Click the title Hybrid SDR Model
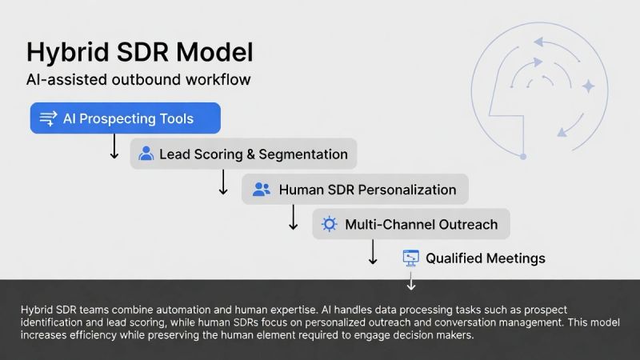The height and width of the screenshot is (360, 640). pyautogui.click(x=139, y=53)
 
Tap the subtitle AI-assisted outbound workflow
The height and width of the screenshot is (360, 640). pyautogui.click(x=138, y=80)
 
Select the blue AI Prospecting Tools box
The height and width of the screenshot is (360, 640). pyautogui.click(x=125, y=118)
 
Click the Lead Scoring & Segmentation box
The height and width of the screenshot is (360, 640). pyautogui.click(x=243, y=154)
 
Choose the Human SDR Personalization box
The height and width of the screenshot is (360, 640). pyautogui.click(x=354, y=190)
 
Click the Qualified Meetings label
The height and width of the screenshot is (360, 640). pyautogui.click(x=485, y=258)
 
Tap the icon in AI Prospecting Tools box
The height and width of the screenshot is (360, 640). pyautogui.click(x=48, y=118)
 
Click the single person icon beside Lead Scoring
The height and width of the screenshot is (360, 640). pyautogui.click(x=146, y=154)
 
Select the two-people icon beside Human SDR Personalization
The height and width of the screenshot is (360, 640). pyautogui.click(x=261, y=190)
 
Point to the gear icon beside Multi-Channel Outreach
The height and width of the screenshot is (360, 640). pyautogui.click(x=328, y=224)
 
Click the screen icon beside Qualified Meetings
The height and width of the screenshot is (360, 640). pyautogui.click(x=410, y=258)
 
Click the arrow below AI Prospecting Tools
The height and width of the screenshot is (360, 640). pyautogui.click(x=114, y=146)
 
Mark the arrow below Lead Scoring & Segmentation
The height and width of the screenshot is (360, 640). pyautogui.click(x=224, y=182)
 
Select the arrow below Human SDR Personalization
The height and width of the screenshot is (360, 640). pyautogui.click(x=293, y=217)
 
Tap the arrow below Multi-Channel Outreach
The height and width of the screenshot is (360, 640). pyautogui.click(x=372, y=251)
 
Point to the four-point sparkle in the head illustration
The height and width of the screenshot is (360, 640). pyautogui.click(x=589, y=86)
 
